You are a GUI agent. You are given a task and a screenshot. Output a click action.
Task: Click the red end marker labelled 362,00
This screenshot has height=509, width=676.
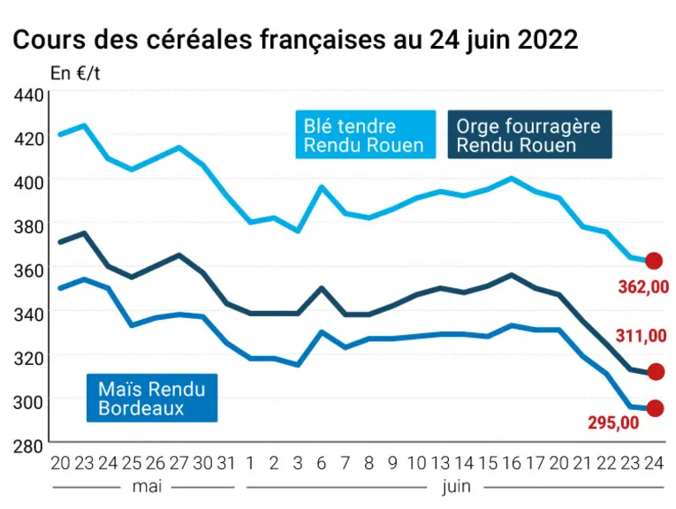click(x=654, y=261)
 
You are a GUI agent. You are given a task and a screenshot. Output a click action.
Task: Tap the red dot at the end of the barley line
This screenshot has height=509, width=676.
click(x=656, y=371)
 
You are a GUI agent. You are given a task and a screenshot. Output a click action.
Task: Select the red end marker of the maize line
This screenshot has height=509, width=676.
click(x=655, y=408)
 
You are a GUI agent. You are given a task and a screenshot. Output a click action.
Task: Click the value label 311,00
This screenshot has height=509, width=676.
click(x=641, y=335)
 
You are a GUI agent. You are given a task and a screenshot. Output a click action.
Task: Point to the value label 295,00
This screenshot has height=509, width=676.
click(x=613, y=422)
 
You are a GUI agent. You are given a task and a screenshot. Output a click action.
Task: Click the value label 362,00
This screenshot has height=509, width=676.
click(x=643, y=287)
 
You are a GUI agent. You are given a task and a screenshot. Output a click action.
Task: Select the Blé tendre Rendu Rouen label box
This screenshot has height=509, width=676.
click(x=366, y=134)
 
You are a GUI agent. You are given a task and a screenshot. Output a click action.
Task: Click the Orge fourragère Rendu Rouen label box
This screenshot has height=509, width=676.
click(x=530, y=134)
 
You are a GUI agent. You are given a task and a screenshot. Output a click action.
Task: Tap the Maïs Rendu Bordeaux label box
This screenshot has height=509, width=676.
click(x=152, y=398)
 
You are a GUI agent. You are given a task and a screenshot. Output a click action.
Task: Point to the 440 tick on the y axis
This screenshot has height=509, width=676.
click(x=28, y=95)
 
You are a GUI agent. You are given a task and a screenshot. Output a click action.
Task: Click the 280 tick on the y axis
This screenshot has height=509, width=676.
click(x=28, y=446)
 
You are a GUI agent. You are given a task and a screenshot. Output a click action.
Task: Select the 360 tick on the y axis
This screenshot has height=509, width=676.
click(x=28, y=270)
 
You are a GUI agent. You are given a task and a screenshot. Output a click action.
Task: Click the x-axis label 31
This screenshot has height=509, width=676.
click(x=226, y=463)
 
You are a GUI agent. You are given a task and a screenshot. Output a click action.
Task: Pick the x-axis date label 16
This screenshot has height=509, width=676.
click(x=512, y=463)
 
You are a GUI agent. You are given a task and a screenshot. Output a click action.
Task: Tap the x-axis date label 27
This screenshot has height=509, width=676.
click(x=178, y=463)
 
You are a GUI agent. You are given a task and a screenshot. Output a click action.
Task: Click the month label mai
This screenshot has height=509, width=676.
click(x=147, y=487)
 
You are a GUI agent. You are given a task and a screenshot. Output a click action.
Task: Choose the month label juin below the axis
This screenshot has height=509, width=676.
click(x=457, y=487)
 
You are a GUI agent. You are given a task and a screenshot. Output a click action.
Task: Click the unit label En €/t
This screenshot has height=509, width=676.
click(x=75, y=73)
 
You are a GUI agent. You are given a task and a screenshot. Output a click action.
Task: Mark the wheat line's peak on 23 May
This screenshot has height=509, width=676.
click(x=84, y=125)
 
